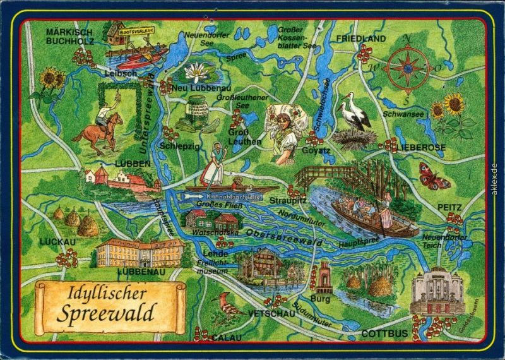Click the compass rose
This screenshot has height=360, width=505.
click(x=408, y=69)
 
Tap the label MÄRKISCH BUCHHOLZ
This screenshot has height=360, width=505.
click(x=69, y=37)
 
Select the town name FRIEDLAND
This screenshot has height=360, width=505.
click(x=360, y=39)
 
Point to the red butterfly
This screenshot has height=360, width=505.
click(x=434, y=176)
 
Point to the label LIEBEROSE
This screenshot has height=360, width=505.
click(x=422, y=147)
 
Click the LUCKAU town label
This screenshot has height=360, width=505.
click(x=57, y=242)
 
